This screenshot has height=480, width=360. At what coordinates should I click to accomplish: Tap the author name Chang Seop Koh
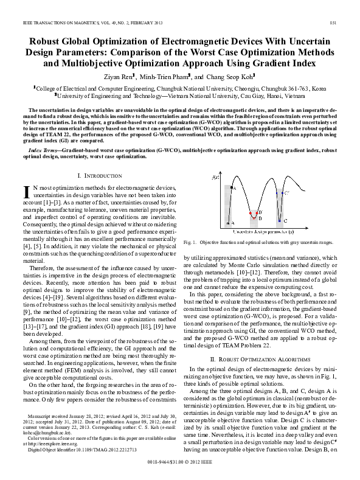click(x=235, y=77)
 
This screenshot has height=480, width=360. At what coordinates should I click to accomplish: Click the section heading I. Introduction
click(x=100, y=175)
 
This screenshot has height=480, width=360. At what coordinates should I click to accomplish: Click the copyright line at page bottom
click(x=180, y=471)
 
